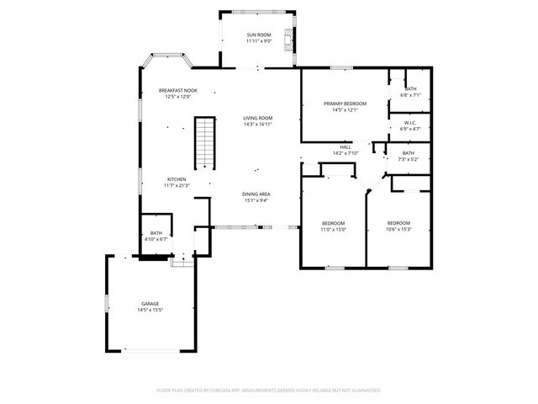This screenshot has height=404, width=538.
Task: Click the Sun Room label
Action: (259, 35)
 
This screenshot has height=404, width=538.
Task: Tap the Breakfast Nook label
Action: (178, 90)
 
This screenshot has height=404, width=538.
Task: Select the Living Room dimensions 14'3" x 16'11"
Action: (258, 125)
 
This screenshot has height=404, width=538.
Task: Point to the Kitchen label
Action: (177, 179)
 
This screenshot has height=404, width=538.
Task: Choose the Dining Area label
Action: (256, 194)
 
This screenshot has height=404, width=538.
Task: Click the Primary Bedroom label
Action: (345, 104)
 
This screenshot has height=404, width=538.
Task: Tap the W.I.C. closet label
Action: (410, 123)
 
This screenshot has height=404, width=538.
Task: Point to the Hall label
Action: (345, 146)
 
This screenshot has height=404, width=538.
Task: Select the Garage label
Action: (150, 304)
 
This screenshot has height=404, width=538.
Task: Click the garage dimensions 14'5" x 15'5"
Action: (150, 310)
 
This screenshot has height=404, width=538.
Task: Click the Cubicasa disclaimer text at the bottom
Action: (269, 391)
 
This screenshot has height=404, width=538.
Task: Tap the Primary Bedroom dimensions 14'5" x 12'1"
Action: (345, 109)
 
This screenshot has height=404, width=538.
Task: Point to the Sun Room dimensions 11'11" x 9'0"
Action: (259, 40)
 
